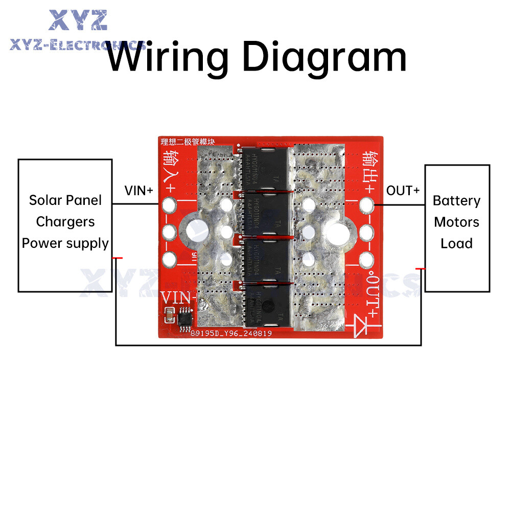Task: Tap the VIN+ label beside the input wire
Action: point(138,191)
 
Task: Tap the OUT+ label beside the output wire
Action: point(403,191)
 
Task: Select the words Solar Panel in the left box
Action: point(65,200)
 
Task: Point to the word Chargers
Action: point(65,222)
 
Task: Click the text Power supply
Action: point(65,243)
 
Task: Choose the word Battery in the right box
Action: point(456,200)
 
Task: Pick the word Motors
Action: point(456,222)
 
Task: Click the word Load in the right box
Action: point(456,243)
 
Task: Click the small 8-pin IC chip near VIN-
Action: point(184,319)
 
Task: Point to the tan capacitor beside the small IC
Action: point(168,317)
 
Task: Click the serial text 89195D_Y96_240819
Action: point(231,334)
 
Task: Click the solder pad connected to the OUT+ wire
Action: point(366,205)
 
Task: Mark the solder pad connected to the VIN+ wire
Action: point(169,205)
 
